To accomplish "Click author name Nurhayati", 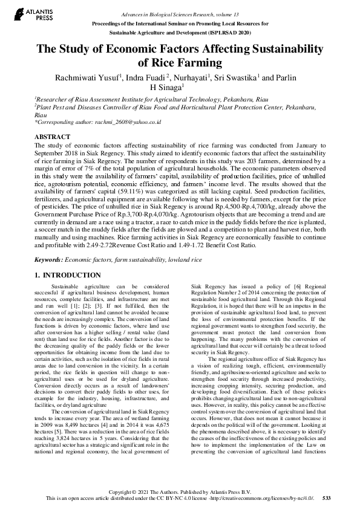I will tap(191, 77).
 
